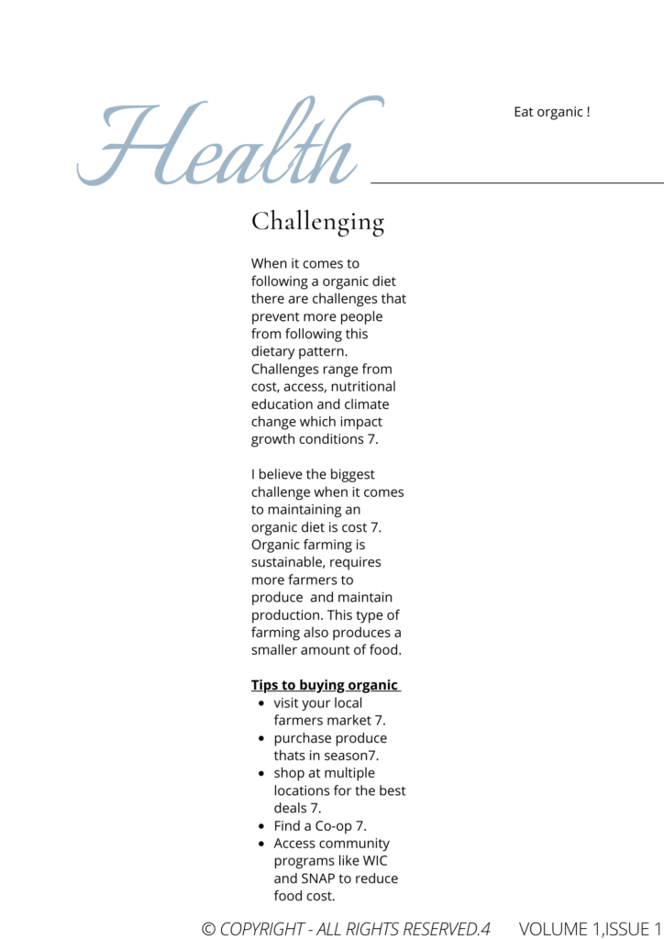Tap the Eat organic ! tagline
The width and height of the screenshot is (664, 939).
551,112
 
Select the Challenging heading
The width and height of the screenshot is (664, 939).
317,222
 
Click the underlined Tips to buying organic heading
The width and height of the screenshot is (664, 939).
325,685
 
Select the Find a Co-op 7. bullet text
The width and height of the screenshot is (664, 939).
320,825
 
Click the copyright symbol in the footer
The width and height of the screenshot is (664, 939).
208,929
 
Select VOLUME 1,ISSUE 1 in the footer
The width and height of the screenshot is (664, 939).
590,929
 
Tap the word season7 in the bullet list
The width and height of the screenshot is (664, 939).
349,756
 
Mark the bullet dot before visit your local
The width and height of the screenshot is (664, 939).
261,703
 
